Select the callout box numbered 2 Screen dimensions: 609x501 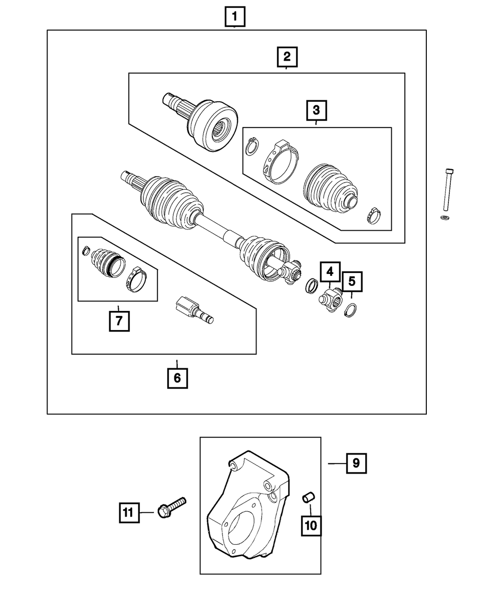point(287,57)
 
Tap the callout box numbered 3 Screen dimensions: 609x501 point(317,111)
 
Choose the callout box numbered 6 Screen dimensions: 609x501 point(177,378)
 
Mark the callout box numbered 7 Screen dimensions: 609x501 point(119,321)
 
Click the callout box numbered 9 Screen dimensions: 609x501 point(356,464)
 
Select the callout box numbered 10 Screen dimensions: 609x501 point(311,526)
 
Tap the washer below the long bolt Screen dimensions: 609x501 point(444,217)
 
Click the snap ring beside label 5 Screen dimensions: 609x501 point(352,311)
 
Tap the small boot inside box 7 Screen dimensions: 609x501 point(104,262)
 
